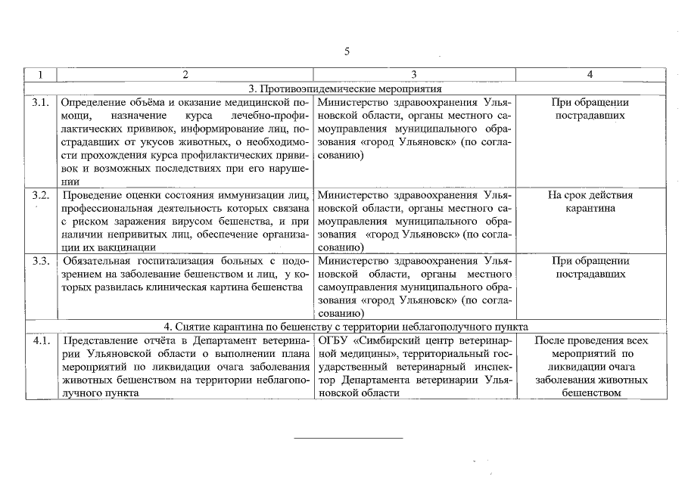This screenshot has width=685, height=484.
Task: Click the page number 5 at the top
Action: coord(347,51)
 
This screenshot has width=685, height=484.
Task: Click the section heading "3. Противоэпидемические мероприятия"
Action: coord(345,88)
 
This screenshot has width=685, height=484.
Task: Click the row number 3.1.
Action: coord(41,102)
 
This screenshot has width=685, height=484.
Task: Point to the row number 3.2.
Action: coord(41,195)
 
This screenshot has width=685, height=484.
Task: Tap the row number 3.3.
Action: coord(41,261)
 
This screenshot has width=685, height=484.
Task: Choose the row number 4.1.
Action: coord(41,340)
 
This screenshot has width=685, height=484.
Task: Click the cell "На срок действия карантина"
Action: coord(590,201)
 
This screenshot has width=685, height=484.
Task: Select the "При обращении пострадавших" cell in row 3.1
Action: coord(590,109)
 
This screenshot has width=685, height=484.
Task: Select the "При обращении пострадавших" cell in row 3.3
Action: coord(590,267)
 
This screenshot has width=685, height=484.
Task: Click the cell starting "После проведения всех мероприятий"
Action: coord(590,366)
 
